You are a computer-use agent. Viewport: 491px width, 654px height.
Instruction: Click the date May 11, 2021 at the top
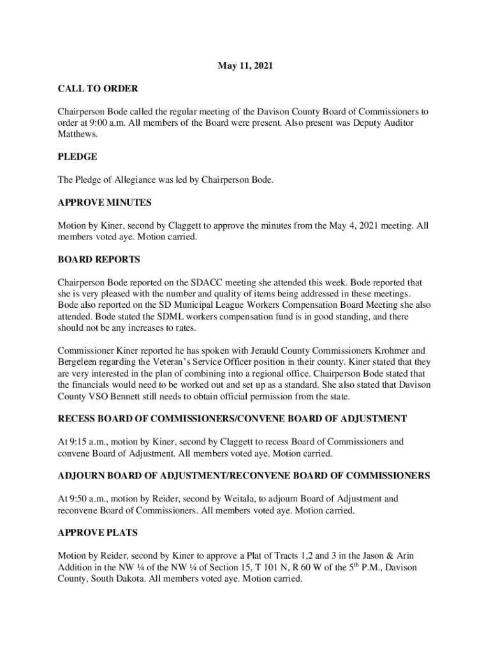246,65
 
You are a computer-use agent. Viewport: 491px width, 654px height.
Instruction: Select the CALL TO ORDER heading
98,88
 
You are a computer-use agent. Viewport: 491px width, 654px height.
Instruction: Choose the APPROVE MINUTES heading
105,202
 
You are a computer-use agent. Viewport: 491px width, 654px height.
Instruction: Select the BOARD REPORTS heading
99,260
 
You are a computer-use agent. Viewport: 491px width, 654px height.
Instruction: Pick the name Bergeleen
79,362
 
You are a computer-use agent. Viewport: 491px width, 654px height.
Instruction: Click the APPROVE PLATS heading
98,533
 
